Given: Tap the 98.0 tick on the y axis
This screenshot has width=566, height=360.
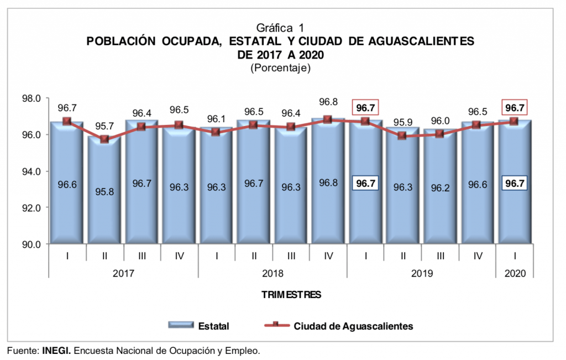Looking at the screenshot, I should coord(32,98).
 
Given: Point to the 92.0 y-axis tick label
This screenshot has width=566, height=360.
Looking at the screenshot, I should coord(32,208).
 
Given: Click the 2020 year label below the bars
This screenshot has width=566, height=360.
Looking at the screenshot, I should coord(514,273).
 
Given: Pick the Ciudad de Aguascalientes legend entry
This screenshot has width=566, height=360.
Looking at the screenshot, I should coord(353,326).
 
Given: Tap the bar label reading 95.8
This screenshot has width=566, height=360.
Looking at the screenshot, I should coord(104,193).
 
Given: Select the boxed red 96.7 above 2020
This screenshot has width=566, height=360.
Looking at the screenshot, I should coord(514,107).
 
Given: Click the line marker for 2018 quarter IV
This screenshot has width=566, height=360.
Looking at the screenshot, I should coord(328,119).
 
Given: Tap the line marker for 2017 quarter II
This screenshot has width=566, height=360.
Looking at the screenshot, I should coord(104,139).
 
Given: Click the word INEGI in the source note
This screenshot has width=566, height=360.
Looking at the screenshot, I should coord(56,351).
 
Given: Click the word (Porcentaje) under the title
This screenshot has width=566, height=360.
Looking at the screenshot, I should coord(281,69).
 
